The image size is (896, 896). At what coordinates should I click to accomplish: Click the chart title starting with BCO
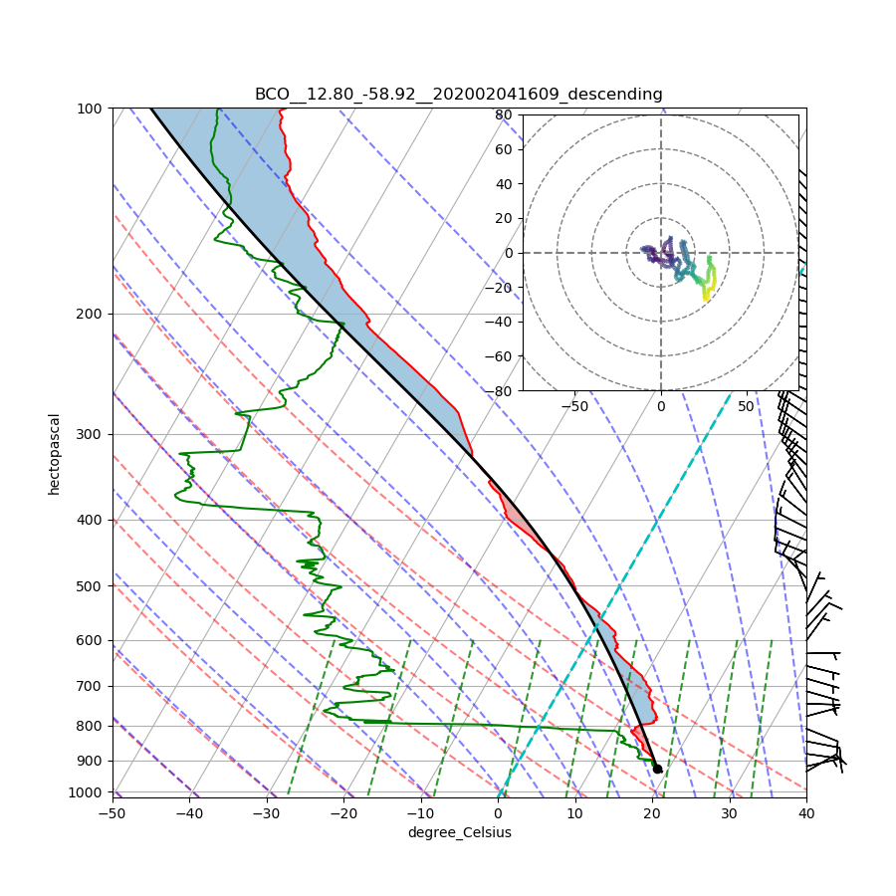tap(458, 94)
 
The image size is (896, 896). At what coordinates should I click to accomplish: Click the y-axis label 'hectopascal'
tap(54, 453)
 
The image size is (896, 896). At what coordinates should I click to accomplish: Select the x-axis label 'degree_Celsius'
tap(459, 832)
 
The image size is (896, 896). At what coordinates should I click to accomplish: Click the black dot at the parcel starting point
tap(657, 769)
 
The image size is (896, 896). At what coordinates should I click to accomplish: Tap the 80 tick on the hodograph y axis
tap(504, 114)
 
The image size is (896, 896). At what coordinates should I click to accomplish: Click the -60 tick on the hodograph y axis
tap(500, 356)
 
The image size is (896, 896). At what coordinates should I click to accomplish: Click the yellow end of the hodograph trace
tap(706, 297)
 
